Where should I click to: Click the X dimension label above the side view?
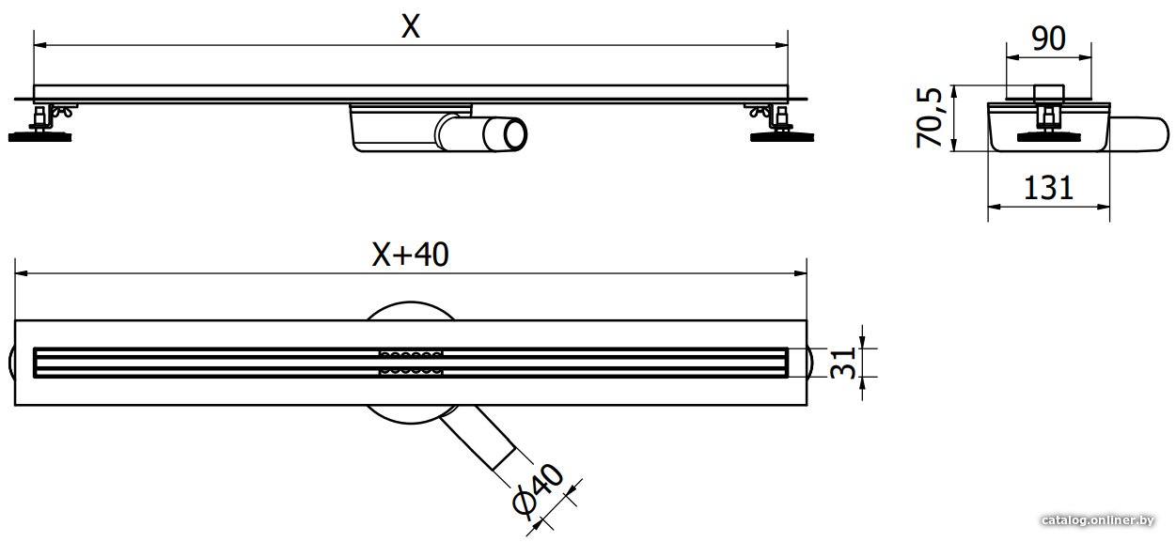[x=411, y=26]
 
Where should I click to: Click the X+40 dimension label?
[x=410, y=255]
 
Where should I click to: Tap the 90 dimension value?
[x=1048, y=39]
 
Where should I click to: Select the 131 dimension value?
[x=1048, y=188]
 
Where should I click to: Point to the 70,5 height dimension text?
[x=930, y=117]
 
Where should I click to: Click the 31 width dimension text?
[x=843, y=363]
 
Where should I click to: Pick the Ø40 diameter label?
[x=538, y=489]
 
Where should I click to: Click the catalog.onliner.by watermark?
[x=1098, y=520]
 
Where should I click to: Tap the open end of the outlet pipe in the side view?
[x=515, y=134]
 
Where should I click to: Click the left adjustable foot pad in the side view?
[x=39, y=137]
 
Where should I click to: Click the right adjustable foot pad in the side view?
[x=782, y=137]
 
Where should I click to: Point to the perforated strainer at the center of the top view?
[x=411, y=362]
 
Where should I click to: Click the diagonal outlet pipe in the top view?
[x=477, y=440]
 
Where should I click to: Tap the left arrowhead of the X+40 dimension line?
[x=21, y=273]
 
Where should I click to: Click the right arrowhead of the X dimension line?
[x=782, y=46]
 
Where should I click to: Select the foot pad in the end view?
[x=1048, y=137]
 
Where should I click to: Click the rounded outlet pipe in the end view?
[x=1139, y=134]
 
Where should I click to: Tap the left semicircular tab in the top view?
[x=11, y=363]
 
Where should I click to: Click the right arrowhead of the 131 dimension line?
[x=1103, y=207]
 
